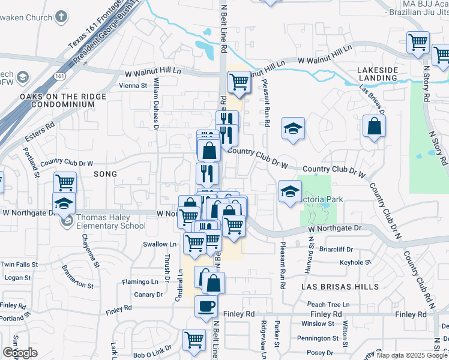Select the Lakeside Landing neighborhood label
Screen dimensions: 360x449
[377, 74]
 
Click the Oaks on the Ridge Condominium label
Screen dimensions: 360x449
[57, 100]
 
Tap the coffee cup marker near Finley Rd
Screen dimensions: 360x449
[206, 306]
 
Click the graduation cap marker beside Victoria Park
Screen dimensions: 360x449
[290, 191]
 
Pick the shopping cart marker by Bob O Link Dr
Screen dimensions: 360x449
[194, 340]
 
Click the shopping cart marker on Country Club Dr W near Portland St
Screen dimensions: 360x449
[65, 182]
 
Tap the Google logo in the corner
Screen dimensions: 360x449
[20, 353]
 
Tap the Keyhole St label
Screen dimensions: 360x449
[352, 262]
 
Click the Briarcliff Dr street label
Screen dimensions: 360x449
[339, 249]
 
